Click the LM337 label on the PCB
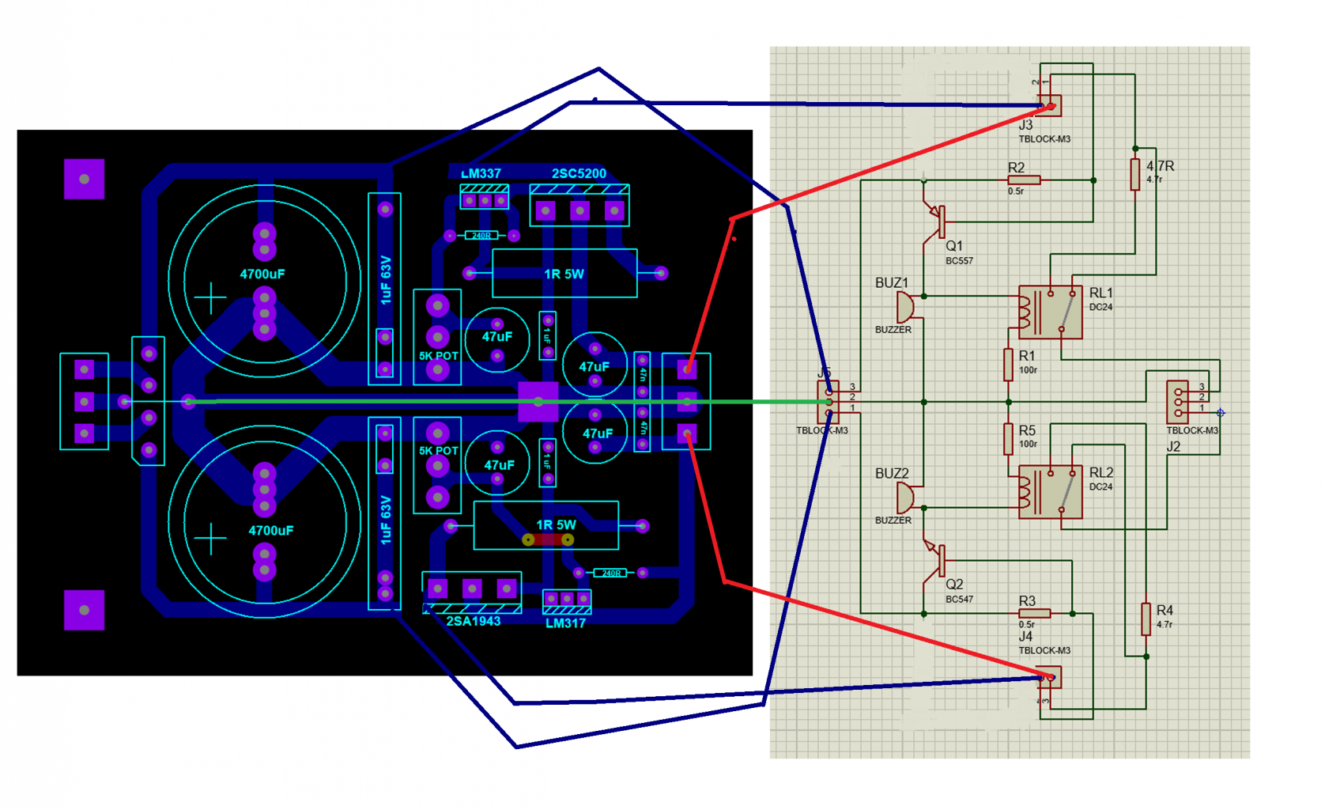pyautogui.click(x=481, y=174)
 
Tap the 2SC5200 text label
pyautogui.click(x=579, y=174)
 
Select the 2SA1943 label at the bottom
pyautogui.click(x=473, y=622)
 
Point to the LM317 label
pyautogui.click(x=565, y=623)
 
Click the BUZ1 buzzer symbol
pyautogui.click(x=904, y=307)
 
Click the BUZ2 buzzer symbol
pyautogui.click(x=904, y=498)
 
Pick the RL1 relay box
pyautogui.click(x=1050, y=312)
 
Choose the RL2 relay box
pyautogui.click(x=1050, y=492)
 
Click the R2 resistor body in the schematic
pyautogui.click(x=1024, y=180)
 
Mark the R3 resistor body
pyautogui.click(x=1034, y=613)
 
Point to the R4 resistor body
pyautogui.click(x=1146, y=619)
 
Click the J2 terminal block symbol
pyautogui.click(x=1178, y=402)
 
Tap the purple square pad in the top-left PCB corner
pyautogui.click(x=85, y=179)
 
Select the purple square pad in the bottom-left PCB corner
pyautogui.click(x=85, y=610)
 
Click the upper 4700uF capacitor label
pyautogui.click(x=262, y=274)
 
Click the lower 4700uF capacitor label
pyautogui.click(x=270, y=531)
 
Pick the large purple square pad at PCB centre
pyautogui.click(x=538, y=402)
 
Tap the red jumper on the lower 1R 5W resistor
pyautogui.click(x=548, y=539)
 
